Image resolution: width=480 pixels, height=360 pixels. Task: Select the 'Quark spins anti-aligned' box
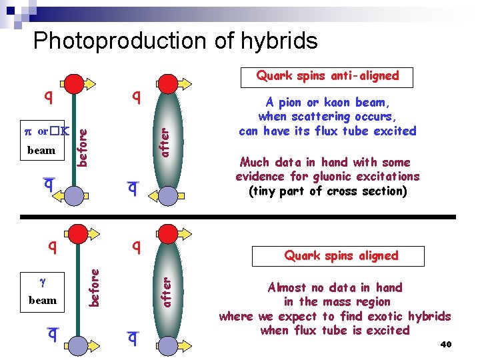tap(327, 76)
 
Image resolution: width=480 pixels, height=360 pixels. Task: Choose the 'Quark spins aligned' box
tap(341, 255)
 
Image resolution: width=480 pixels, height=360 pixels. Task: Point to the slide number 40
tap(446, 344)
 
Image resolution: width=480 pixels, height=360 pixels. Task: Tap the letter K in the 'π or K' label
tap(65, 131)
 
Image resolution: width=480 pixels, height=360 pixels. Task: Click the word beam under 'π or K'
tap(41, 150)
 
